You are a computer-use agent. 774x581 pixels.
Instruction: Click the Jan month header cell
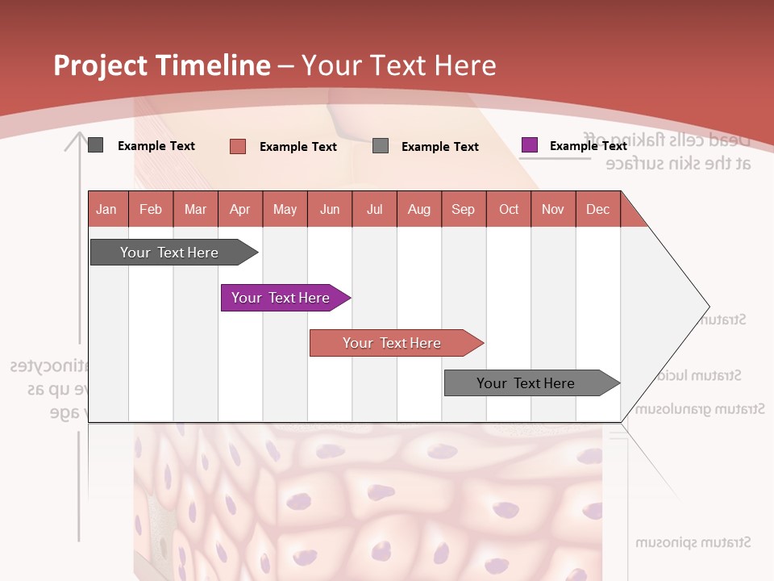(106, 209)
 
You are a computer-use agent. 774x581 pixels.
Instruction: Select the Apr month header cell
(239, 209)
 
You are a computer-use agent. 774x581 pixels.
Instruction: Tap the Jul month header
(374, 209)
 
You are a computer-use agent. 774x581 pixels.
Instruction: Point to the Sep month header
(463, 209)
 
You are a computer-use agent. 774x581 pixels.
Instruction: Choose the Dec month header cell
(597, 209)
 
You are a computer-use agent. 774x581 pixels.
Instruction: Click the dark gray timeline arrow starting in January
(169, 253)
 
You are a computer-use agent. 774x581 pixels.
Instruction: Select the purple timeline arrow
(281, 298)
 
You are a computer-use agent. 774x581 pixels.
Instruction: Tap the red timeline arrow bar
(392, 343)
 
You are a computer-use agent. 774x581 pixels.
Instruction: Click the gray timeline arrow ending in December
(526, 383)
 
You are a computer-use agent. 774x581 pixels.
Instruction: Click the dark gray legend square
(95, 145)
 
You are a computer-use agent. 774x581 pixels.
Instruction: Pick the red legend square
(237, 146)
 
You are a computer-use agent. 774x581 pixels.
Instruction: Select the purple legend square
(529, 145)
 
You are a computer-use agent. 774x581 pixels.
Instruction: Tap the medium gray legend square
(381, 146)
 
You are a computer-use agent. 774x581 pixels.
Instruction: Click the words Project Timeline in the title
(161, 65)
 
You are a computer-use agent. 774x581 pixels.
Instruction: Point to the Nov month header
(553, 209)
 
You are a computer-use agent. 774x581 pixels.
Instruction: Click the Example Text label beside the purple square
(588, 146)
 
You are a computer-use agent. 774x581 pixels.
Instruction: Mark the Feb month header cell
(151, 209)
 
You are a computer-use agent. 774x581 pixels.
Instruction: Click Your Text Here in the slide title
(398, 65)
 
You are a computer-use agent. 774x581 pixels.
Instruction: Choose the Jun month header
(329, 209)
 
